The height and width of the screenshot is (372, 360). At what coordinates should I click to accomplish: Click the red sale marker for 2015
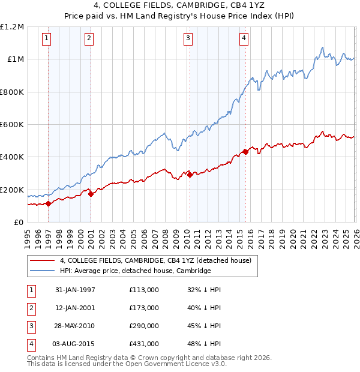click(x=245, y=152)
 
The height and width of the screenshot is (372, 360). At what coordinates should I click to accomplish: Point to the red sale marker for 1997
click(x=48, y=203)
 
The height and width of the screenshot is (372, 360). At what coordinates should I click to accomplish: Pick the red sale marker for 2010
click(x=190, y=175)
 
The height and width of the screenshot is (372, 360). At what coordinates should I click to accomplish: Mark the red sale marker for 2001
click(x=91, y=194)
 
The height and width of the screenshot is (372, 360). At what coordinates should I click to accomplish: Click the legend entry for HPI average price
click(x=135, y=271)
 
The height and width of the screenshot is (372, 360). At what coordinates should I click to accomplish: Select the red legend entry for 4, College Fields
click(x=159, y=260)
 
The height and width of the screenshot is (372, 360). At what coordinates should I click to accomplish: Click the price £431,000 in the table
click(x=144, y=343)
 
